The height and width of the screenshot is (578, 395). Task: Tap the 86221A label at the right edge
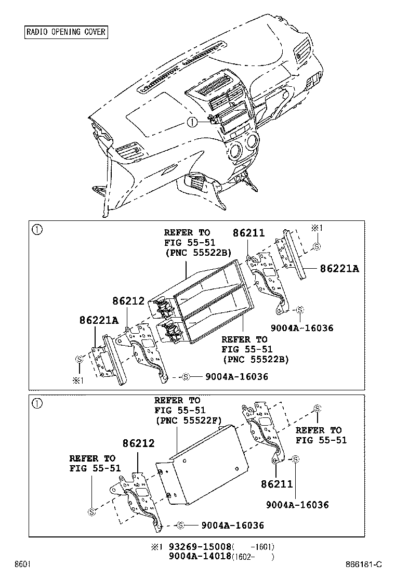pos(339,269)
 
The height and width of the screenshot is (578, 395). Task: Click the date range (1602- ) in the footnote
pos(252,557)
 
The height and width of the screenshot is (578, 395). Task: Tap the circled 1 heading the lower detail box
pos(37,403)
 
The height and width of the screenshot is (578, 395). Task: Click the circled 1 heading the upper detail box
pos(37,229)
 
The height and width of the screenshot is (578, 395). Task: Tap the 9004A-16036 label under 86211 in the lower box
pos(297,505)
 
